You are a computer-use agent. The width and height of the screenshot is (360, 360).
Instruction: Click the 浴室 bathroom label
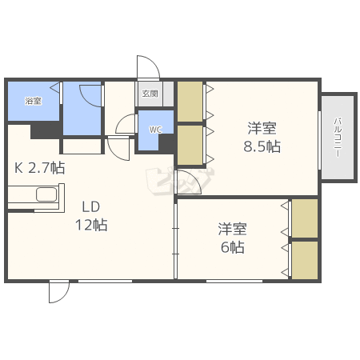[34, 101]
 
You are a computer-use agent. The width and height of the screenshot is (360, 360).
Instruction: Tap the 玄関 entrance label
[150, 94]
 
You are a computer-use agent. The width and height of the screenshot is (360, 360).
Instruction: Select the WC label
[155, 130]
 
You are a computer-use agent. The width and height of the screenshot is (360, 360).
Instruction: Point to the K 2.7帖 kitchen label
[39, 168]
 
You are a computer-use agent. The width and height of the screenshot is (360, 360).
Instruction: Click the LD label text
[91, 206]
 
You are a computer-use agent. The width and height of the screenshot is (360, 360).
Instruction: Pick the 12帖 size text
[91, 225]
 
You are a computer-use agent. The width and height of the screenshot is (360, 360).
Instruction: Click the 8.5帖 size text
[262, 146]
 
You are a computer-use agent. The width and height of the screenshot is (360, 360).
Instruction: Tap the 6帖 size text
[233, 247]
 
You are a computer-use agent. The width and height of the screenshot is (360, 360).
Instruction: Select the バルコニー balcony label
[338, 137]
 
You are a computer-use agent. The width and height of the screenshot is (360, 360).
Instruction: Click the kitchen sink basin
[46, 194]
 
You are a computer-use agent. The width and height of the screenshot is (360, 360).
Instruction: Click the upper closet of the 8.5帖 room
[190, 102]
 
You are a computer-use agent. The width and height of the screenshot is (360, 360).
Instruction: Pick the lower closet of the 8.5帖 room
[190, 145]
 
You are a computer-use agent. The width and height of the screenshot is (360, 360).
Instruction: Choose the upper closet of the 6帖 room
[305, 218]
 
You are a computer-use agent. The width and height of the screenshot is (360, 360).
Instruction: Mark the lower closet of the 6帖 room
[305, 260]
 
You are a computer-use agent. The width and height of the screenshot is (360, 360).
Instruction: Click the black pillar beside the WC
[166, 142]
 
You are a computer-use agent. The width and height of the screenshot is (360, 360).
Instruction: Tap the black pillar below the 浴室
[46, 131]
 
